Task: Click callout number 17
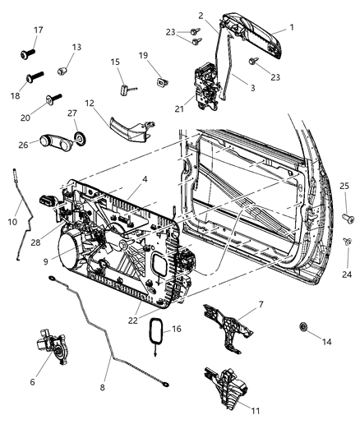pos(38,30)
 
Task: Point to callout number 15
pos(116,62)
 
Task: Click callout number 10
pos(12,222)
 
